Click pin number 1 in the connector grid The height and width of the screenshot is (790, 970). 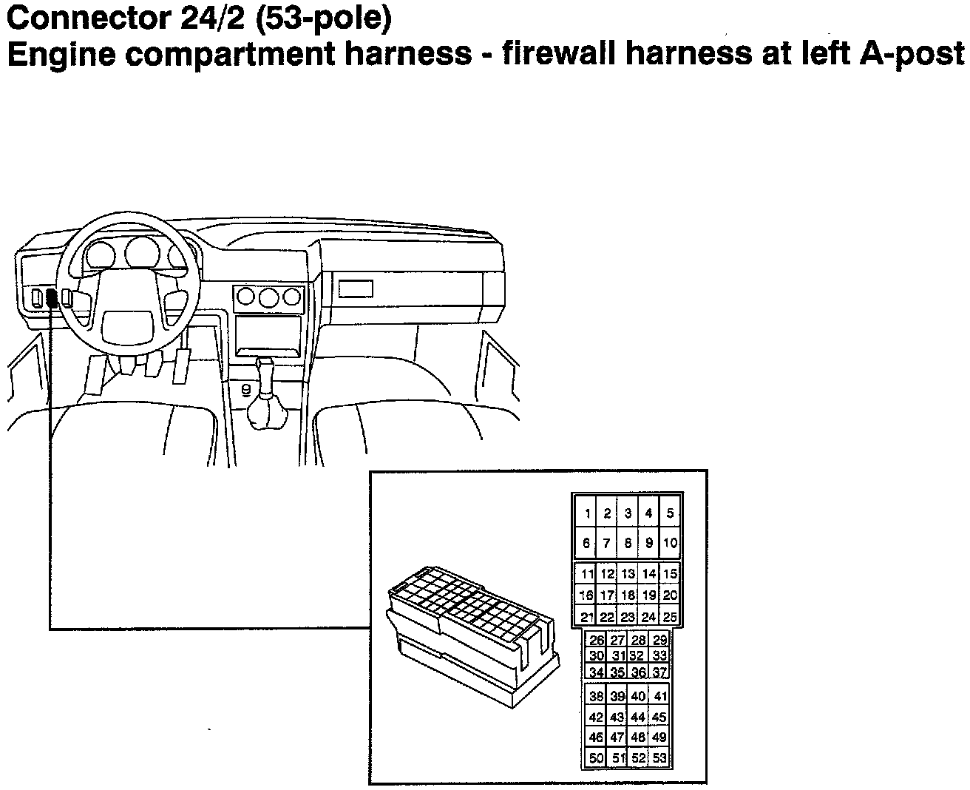pyautogui.click(x=586, y=513)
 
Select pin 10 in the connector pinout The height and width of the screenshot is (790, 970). pyautogui.click(x=670, y=543)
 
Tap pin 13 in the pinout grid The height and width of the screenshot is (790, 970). pyautogui.click(x=628, y=574)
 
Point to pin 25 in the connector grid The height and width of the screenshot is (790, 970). pyautogui.click(x=670, y=617)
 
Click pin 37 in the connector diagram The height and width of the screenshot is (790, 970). pyautogui.click(x=659, y=672)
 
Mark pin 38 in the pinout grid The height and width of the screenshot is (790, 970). pyautogui.click(x=597, y=696)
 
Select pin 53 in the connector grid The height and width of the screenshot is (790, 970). pyautogui.click(x=659, y=758)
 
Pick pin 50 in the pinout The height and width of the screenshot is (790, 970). pyautogui.click(x=597, y=758)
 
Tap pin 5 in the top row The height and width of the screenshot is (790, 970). pyautogui.click(x=670, y=513)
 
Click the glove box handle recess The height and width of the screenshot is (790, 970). pyautogui.click(x=356, y=288)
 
